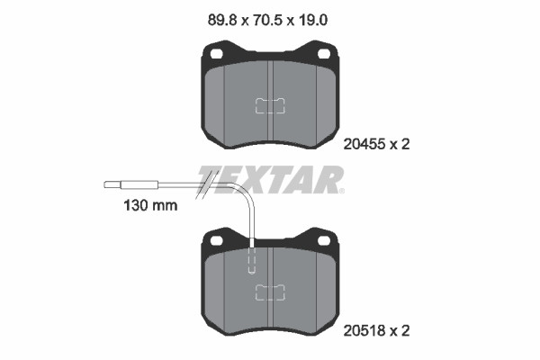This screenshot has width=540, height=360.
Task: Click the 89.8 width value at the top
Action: (x=222, y=21)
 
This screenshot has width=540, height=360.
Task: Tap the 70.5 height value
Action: (x=267, y=21)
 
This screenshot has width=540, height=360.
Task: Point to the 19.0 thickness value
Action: (x=312, y=21)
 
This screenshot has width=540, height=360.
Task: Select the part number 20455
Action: (x=364, y=144)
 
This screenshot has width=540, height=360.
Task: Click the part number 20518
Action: (x=364, y=331)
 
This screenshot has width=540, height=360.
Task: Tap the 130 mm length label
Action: (x=150, y=206)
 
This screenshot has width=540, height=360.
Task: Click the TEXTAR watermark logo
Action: (x=271, y=179)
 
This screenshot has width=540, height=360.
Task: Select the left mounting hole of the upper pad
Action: (x=216, y=54)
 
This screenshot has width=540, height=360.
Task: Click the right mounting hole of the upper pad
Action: (x=324, y=54)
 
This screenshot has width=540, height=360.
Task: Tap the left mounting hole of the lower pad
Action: (x=216, y=241)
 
